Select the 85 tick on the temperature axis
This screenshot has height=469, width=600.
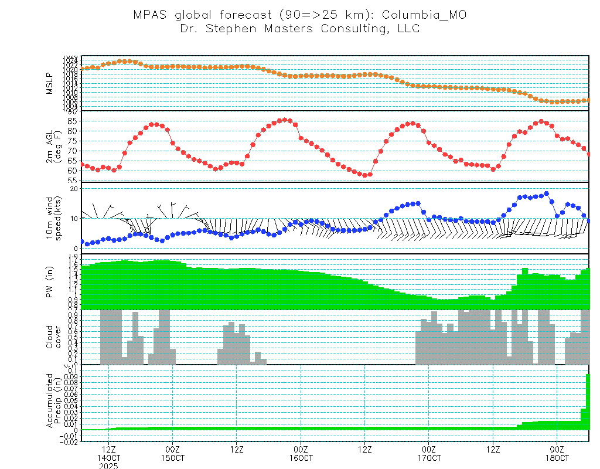72,121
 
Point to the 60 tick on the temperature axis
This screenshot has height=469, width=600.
72,171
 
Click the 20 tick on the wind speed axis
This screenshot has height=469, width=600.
74,188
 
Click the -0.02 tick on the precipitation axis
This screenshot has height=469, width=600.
69,443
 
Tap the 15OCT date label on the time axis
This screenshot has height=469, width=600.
172,457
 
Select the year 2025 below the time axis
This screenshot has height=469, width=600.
108,465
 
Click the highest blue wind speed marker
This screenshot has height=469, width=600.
547,193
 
